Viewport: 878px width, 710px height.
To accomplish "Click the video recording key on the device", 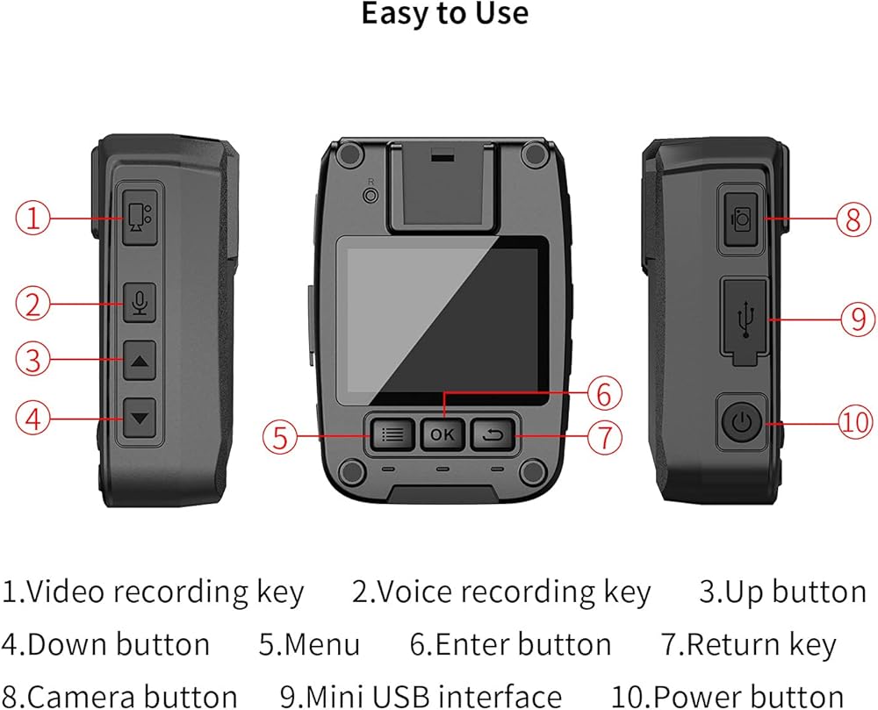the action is [x=137, y=216].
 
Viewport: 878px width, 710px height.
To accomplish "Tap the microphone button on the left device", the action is [x=139, y=303].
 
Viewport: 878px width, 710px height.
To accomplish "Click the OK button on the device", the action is [x=443, y=434].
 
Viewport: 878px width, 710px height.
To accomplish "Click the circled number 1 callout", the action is [x=34, y=217].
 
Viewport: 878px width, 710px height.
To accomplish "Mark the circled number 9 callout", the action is [x=857, y=319].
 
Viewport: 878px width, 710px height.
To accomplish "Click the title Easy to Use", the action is [x=445, y=15].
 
